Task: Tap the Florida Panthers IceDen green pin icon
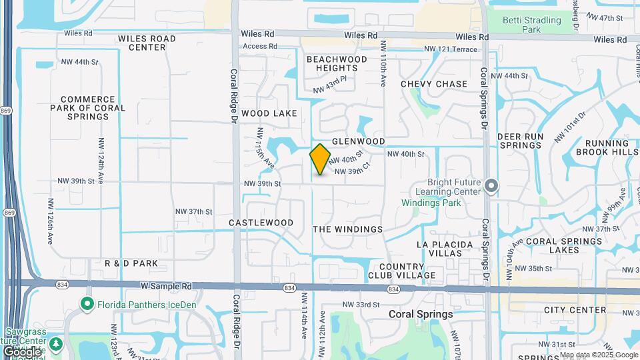(x=87, y=305)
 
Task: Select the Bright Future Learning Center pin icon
(x=491, y=186)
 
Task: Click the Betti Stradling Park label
(x=531, y=25)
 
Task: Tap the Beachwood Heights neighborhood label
(x=337, y=63)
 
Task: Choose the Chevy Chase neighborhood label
(x=434, y=84)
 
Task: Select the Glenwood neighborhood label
(x=359, y=141)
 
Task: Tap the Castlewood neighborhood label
(x=261, y=222)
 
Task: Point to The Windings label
(x=348, y=229)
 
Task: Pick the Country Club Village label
(x=401, y=270)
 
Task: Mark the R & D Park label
(x=131, y=263)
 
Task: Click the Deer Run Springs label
(x=521, y=141)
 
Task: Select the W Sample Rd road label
(x=166, y=285)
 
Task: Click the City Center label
(x=575, y=310)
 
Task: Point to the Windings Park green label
(x=431, y=203)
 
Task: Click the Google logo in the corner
(x=22, y=351)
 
